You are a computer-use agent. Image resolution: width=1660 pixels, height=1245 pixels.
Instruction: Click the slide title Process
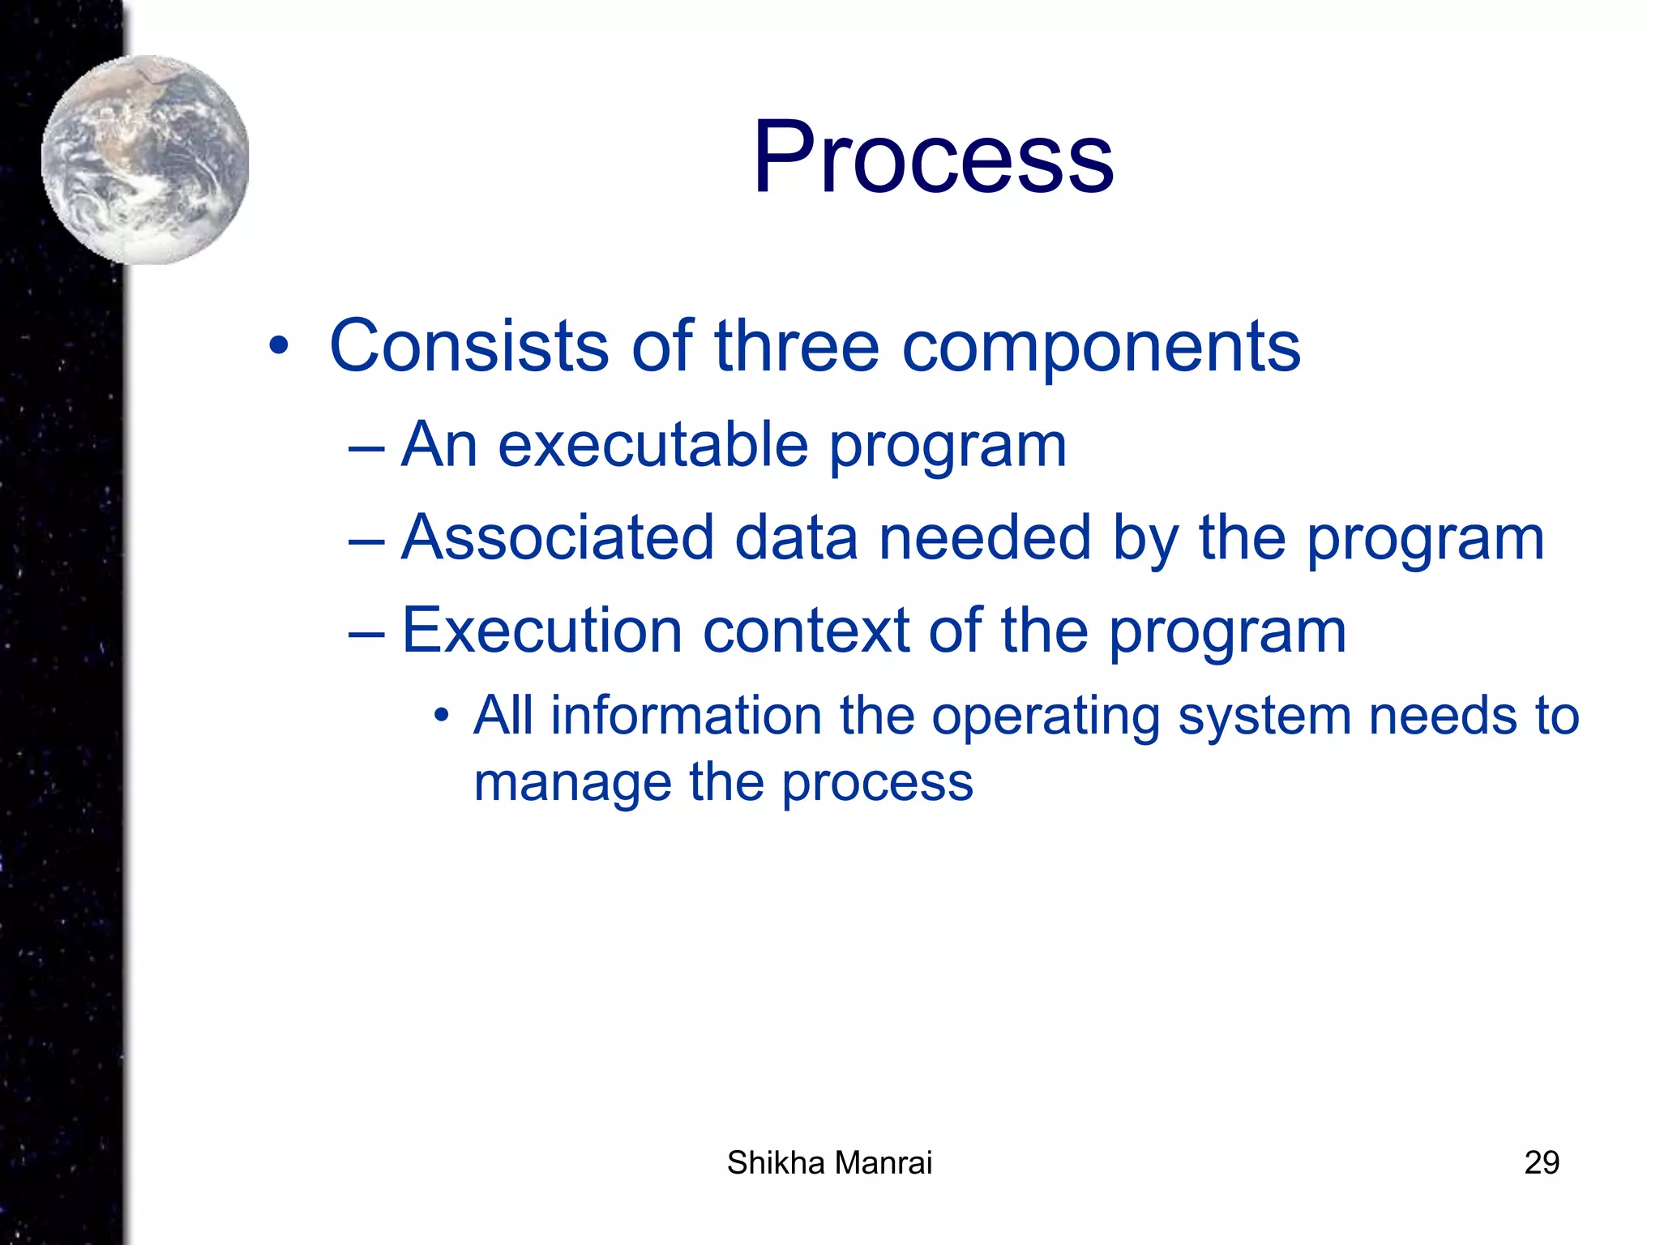coord(933,158)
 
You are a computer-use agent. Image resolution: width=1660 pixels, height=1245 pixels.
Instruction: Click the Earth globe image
coord(145,160)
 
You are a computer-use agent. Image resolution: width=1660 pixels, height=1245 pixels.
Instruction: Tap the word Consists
coord(468,347)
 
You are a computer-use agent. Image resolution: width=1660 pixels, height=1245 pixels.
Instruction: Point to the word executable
coord(652,446)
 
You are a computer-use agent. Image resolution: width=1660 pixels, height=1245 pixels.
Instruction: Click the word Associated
coord(558,538)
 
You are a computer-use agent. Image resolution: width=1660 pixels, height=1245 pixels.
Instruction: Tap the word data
coord(796,538)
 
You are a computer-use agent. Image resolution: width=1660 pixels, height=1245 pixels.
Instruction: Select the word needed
coord(985,538)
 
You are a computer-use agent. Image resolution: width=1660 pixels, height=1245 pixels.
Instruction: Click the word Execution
coord(541,631)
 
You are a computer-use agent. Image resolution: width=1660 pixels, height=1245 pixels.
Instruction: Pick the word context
coord(806,631)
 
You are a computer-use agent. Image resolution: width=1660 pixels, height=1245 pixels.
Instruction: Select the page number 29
coord(1541,1163)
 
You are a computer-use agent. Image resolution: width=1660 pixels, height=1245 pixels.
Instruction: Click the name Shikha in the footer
coord(776,1163)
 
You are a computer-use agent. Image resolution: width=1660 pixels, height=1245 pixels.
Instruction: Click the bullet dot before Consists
coord(279,347)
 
